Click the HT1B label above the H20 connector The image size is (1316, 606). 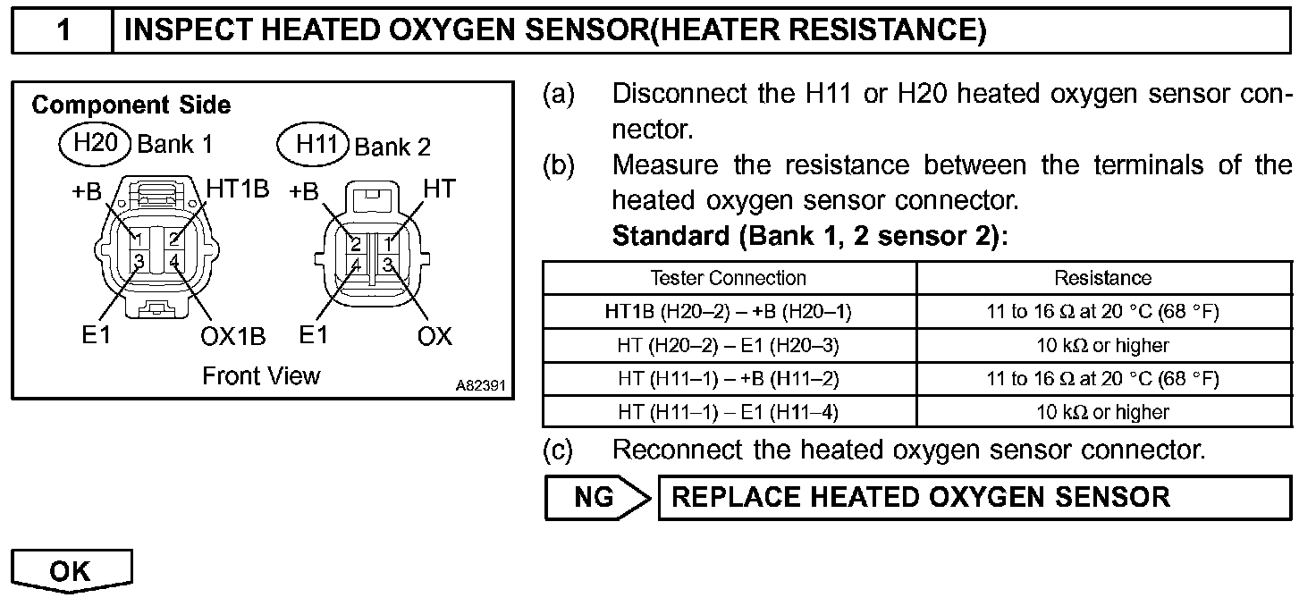(238, 189)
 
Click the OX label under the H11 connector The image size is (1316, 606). (434, 337)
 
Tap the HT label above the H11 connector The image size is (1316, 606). (439, 189)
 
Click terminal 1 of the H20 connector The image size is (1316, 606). (138, 239)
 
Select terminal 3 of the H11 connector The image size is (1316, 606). (388, 265)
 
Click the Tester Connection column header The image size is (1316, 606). (729, 278)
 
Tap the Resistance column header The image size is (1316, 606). (1103, 278)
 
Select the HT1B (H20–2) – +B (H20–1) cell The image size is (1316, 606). (729, 311)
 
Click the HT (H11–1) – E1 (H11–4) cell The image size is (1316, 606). (729, 412)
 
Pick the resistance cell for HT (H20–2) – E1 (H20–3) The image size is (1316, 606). (1103, 345)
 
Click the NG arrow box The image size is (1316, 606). (597, 498)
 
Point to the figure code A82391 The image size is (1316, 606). (481, 386)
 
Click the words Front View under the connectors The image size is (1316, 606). (261, 375)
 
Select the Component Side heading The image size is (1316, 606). (131, 105)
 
